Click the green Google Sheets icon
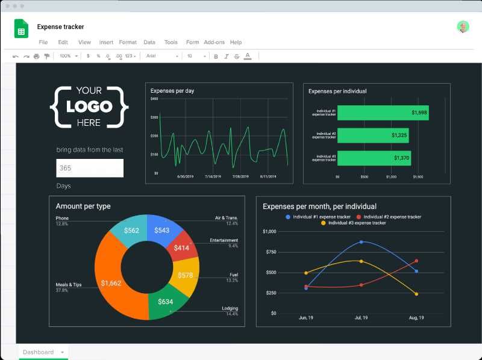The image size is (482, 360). coord(21,29)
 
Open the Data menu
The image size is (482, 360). coord(149,42)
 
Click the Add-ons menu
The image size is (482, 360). coord(214,42)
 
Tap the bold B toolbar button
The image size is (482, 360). coord(216,56)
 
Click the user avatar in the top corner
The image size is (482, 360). coord(463,26)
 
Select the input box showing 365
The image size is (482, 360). coord(90,168)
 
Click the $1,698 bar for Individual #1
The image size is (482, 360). coord(383,113)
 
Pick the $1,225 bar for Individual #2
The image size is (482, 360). coord(374,135)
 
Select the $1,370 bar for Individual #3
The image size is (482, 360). coord(374,158)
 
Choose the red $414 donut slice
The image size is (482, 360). coord(182,247)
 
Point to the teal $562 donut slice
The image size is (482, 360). coord(131,229)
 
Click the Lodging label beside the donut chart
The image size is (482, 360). coord(230,308)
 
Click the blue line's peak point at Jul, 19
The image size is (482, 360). coord(361,242)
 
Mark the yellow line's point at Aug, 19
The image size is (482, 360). coord(416,294)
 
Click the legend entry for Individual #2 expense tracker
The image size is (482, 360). coord(392,217)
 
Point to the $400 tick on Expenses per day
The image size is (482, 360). coord(154,98)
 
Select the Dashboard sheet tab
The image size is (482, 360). coord(39,352)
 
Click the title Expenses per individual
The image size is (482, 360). coord(337,91)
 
